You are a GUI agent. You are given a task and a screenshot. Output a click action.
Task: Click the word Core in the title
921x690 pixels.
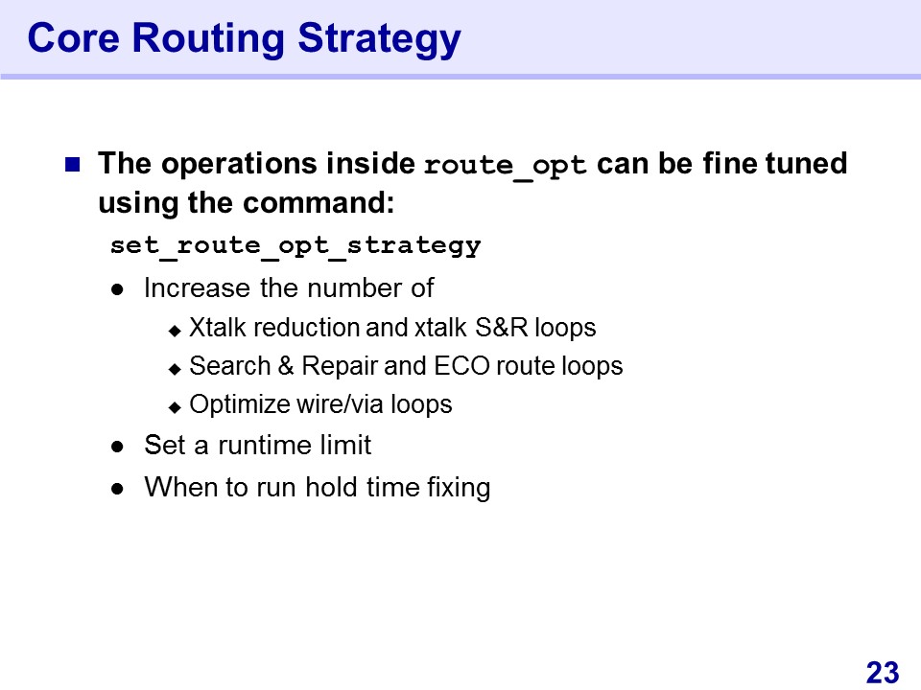(74, 38)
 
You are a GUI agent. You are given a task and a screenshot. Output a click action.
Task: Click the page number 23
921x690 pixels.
(883, 673)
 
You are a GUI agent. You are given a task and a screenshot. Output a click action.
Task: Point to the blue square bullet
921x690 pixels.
(72, 164)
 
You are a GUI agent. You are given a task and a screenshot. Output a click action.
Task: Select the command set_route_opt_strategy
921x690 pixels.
(295, 246)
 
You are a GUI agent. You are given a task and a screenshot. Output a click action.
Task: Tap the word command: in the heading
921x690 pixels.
(319, 203)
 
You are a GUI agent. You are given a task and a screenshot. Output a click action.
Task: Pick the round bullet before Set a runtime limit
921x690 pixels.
(117, 447)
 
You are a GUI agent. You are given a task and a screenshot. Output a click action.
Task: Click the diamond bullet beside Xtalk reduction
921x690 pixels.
(175, 331)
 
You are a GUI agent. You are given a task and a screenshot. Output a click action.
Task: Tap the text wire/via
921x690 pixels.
(341, 404)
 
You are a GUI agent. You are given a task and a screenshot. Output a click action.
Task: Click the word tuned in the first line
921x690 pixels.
(807, 163)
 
